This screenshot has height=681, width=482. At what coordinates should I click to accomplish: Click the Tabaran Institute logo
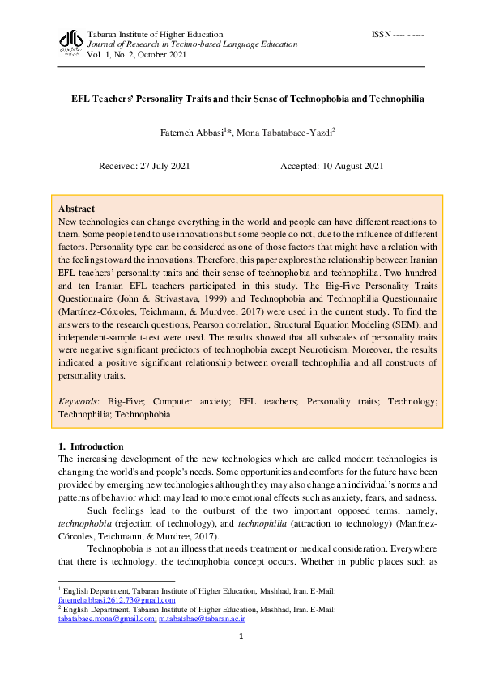(x=72, y=41)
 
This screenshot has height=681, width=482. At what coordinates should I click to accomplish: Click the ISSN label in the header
(x=381, y=35)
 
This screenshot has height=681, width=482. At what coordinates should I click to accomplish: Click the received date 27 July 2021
(x=144, y=166)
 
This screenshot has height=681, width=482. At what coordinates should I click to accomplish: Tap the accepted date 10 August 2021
(x=332, y=166)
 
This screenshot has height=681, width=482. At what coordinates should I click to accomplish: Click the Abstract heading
(x=77, y=209)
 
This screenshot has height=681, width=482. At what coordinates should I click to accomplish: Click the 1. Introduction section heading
(x=92, y=446)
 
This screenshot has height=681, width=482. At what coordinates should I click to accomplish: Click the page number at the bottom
(x=241, y=637)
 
